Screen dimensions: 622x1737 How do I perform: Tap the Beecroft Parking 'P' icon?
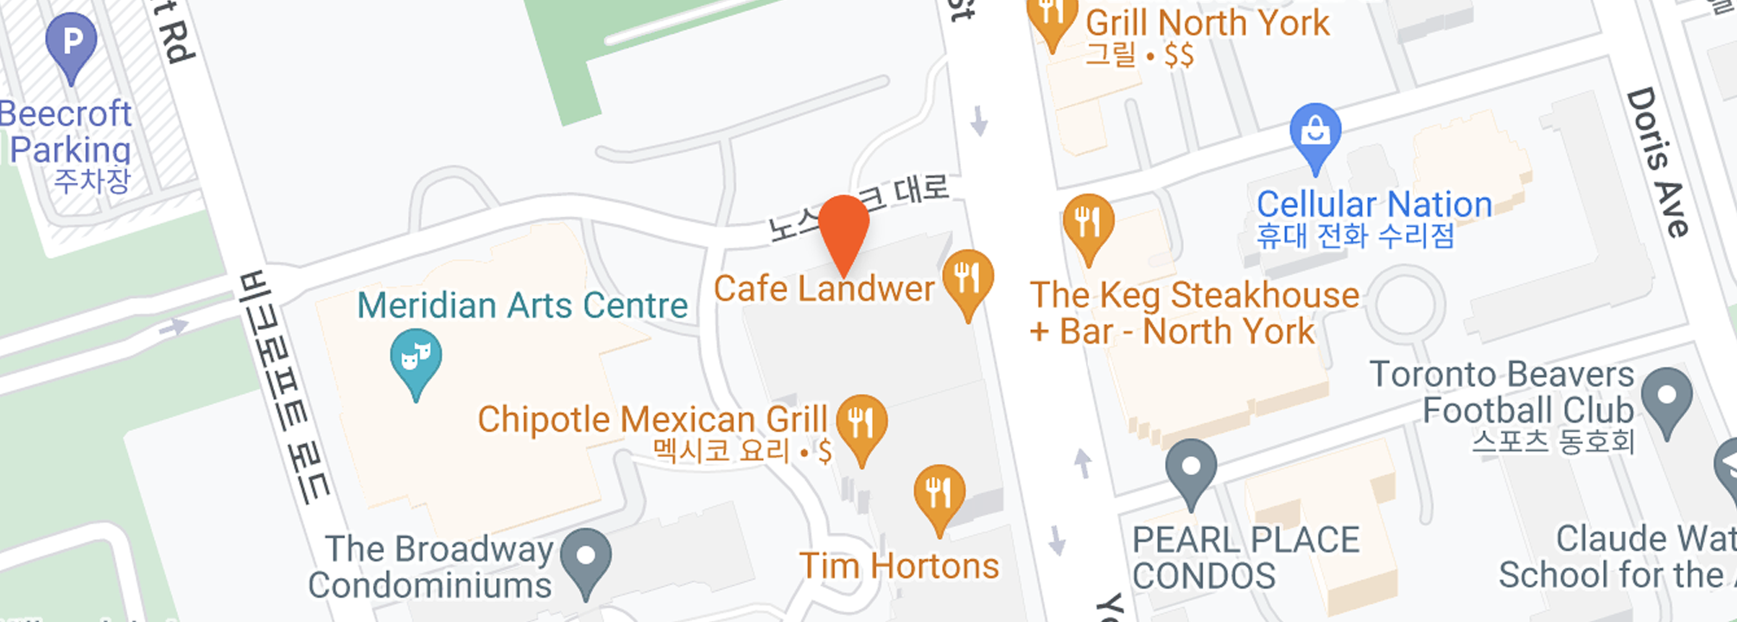point(72,43)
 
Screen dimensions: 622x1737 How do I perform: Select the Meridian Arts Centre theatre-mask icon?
point(416,359)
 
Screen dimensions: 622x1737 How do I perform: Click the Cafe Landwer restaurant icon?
point(968,280)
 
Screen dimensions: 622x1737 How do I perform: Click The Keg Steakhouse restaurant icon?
point(1088,224)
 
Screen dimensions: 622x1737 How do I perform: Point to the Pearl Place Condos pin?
point(1191,469)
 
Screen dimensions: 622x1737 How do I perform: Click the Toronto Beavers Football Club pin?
point(1667,398)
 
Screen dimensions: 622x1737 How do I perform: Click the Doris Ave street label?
point(1657,162)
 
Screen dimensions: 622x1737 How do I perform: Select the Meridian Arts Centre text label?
point(522,305)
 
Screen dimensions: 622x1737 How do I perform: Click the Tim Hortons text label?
point(899,567)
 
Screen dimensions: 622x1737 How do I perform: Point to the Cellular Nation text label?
point(1374,205)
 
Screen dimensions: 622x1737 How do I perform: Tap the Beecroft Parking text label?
point(67,131)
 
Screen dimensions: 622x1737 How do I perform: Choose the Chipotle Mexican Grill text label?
point(652,420)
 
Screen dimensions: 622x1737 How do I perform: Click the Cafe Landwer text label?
point(824,289)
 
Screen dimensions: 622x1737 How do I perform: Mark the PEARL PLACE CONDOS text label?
point(1246,558)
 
